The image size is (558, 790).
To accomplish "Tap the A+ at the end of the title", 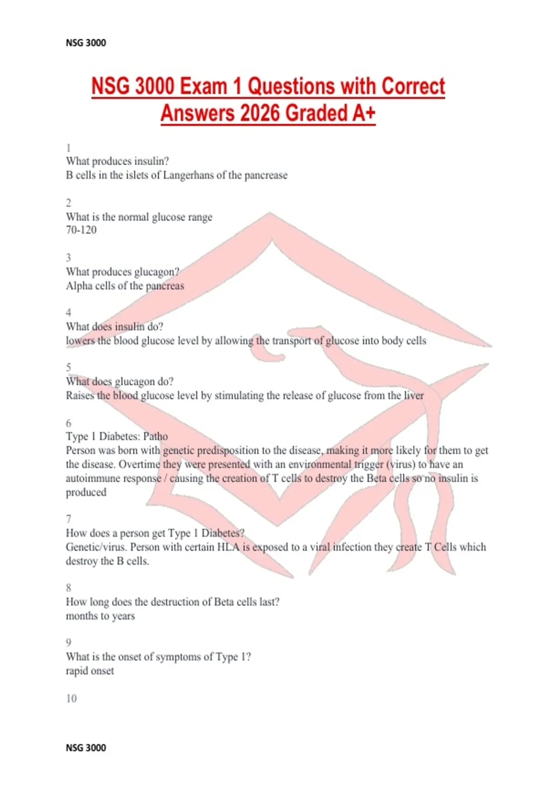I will pyautogui.click(x=363, y=113).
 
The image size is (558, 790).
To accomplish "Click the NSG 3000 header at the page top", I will pyautogui.click(x=86, y=43).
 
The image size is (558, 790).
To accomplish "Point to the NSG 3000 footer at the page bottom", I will pyautogui.click(x=86, y=748).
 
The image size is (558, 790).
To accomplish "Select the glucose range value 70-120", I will pyautogui.click(x=81, y=230).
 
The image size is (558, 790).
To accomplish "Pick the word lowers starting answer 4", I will pyautogui.click(x=80, y=341).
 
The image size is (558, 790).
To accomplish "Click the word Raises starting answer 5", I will pyautogui.click(x=80, y=395).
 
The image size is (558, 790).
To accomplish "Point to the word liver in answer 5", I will pyautogui.click(x=413, y=395).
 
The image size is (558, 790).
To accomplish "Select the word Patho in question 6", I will pyautogui.click(x=155, y=436).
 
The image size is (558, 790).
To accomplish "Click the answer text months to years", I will pyautogui.click(x=100, y=616).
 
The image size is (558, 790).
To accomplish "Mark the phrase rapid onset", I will pyautogui.click(x=90, y=671).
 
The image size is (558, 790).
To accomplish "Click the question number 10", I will pyautogui.click(x=71, y=698).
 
